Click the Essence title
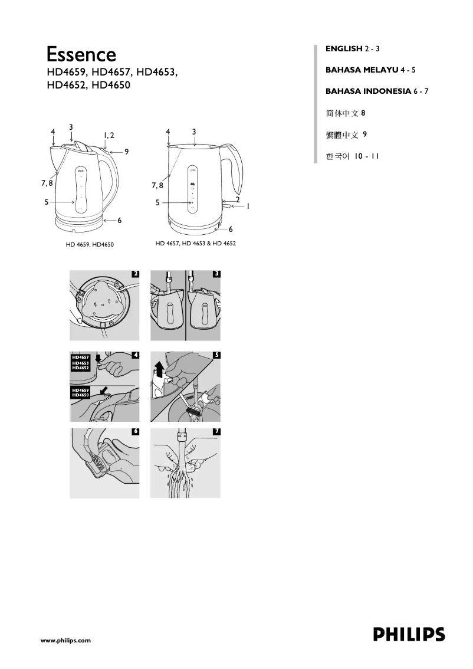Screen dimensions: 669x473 pyautogui.click(x=81, y=55)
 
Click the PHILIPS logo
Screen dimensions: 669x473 pyautogui.click(x=409, y=635)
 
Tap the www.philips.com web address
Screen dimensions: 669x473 pyautogui.click(x=65, y=640)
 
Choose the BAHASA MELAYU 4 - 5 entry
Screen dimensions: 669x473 pyautogui.click(x=370, y=70)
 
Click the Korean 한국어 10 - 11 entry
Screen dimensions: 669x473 pyautogui.click(x=352, y=156)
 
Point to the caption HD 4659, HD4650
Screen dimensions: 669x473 pyautogui.click(x=90, y=244)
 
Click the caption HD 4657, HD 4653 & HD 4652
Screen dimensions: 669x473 pyautogui.click(x=196, y=244)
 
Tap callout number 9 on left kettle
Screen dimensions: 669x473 pyautogui.click(x=126, y=152)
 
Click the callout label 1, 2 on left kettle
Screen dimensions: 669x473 pyautogui.click(x=109, y=136)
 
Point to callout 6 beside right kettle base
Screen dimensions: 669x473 pyautogui.click(x=231, y=229)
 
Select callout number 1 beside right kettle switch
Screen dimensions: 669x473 pyautogui.click(x=248, y=206)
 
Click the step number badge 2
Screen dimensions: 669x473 pyautogui.click(x=136, y=274)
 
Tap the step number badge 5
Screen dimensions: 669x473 pyautogui.click(x=216, y=355)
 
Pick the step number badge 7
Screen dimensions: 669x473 pyautogui.click(x=216, y=432)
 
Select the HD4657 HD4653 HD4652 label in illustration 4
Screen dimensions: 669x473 pyautogui.click(x=80, y=362)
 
